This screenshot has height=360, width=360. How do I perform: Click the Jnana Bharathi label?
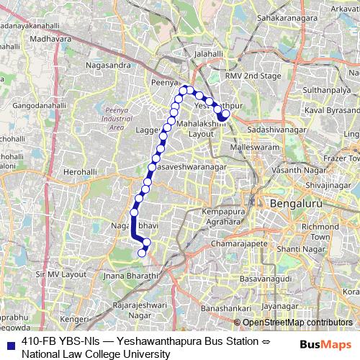130,276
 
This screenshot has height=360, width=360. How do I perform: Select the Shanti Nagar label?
302,249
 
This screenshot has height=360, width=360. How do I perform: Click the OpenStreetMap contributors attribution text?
297,323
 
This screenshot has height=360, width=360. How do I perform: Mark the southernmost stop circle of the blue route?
142,252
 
